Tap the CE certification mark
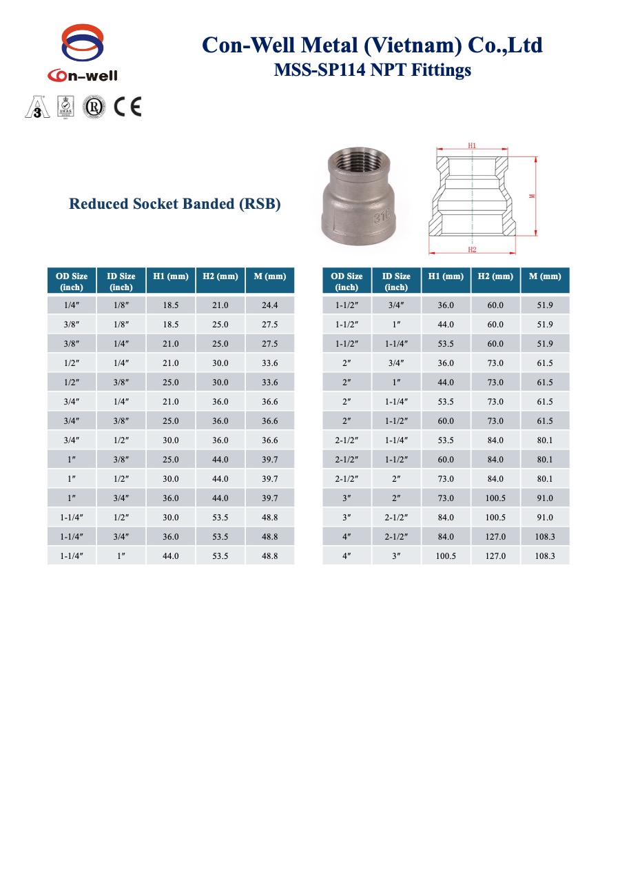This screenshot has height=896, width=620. (127, 107)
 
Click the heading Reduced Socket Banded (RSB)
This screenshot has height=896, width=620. (175, 204)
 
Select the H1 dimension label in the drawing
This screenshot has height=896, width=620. (472, 145)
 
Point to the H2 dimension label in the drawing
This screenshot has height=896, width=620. (472, 250)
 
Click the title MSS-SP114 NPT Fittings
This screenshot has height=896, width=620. (372, 70)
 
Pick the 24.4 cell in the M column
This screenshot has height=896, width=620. (269, 305)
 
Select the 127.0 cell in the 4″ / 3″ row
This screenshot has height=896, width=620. (495, 556)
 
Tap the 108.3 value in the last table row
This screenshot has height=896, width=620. (545, 556)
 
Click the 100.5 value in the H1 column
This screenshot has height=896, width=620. (446, 556)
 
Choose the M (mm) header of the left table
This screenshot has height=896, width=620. (269, 276)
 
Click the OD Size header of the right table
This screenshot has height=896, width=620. (347, 281)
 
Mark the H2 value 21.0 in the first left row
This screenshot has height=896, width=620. (220, 305)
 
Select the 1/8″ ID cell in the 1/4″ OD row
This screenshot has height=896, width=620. (121, 305)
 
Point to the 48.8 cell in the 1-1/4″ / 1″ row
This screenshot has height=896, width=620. (269, 556)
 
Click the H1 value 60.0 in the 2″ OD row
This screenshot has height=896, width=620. (446, 420)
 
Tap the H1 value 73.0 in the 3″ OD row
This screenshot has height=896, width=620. (446, 498)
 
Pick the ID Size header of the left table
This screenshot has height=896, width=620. (121, 281)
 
